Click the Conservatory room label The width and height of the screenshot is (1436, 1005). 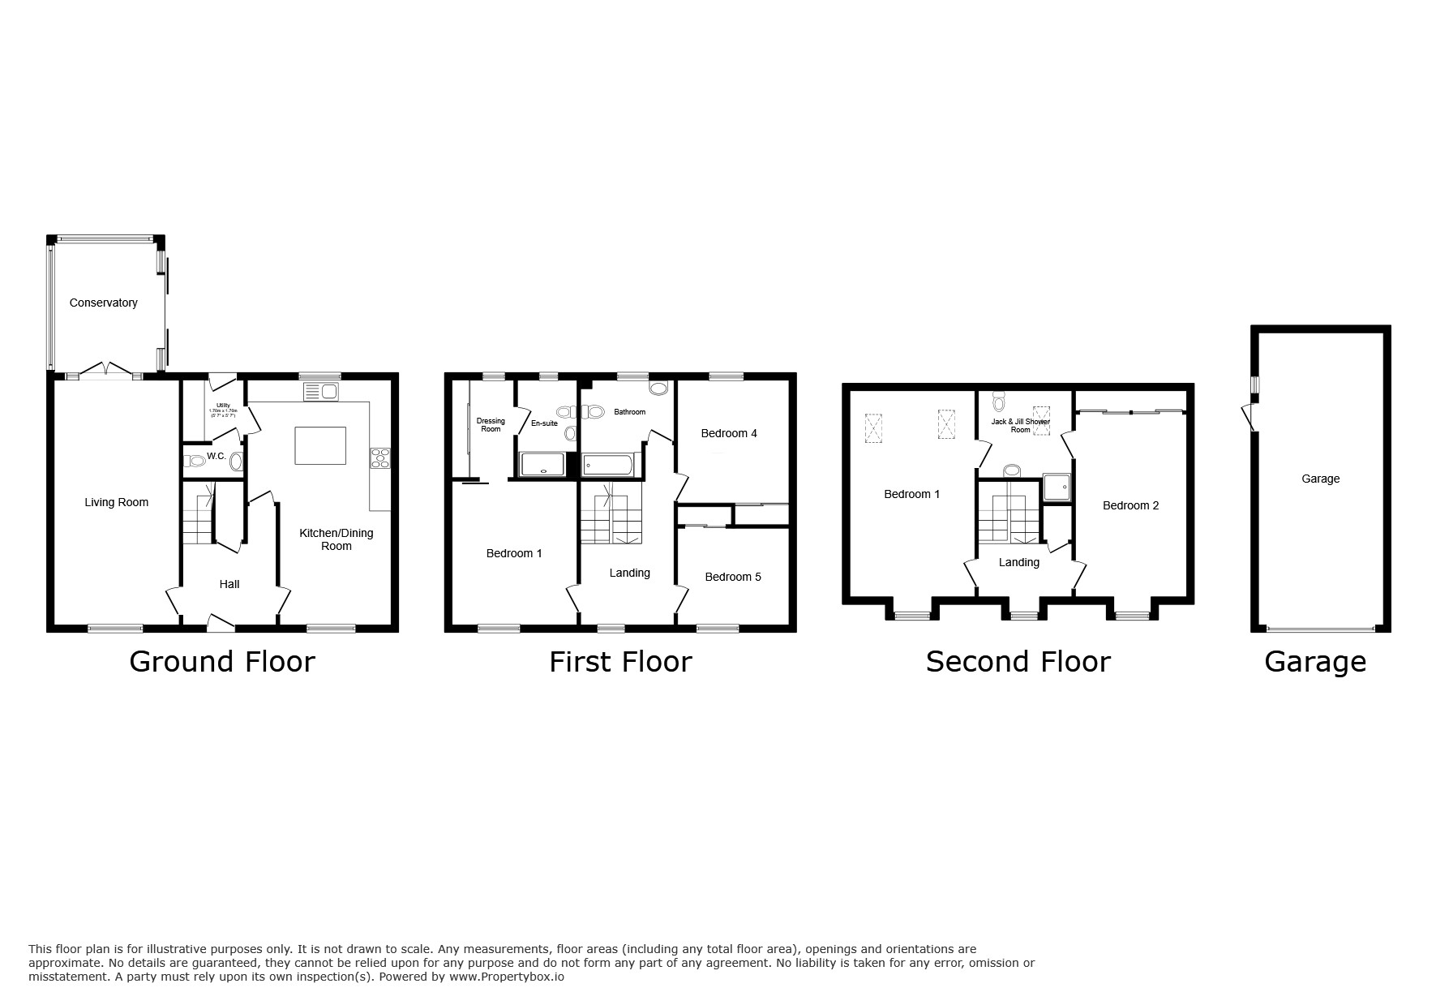tap(103, 303)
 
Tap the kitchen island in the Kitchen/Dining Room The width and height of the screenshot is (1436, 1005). tap(320, 445)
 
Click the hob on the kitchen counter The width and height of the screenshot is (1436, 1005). tap(379, 458)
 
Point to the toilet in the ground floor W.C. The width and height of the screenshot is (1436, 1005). tap(195, 461)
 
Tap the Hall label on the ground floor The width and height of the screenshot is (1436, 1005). tap(229, 584)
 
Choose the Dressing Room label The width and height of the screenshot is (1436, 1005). tap(491, 424)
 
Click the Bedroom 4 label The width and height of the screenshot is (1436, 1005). tap(729, 433)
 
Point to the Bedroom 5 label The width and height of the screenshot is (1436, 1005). tap(732, 577)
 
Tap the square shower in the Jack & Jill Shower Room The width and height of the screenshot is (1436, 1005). tap(1057, 487)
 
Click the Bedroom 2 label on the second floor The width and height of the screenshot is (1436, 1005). tap(1130, 505)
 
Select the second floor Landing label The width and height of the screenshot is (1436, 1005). tap(1018, 562)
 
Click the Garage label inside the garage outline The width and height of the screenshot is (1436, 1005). tap(1320, 479)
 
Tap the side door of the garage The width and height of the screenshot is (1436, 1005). tap(1249, 418)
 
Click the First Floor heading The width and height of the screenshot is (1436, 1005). tap(620, 662)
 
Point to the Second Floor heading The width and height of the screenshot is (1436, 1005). tap(1018, 662)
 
